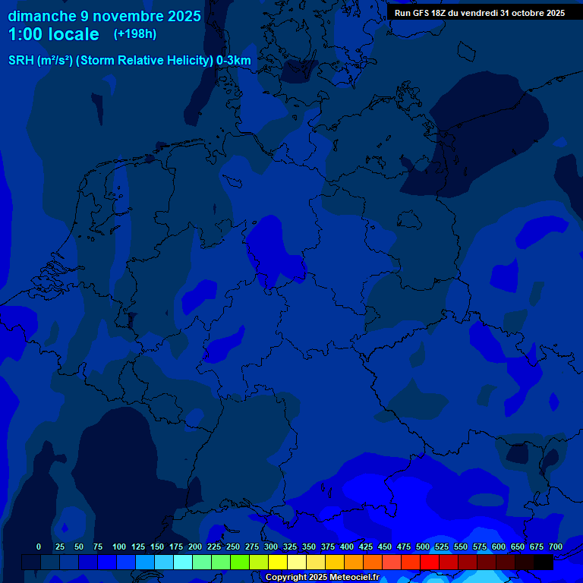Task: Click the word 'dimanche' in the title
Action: [x=41, y=16]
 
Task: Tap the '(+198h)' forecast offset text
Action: [x=134, y=34]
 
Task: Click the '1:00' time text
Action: [x=27, y=35]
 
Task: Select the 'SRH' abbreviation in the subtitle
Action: [x=20, y=61]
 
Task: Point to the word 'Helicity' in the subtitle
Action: [x=184, y=61]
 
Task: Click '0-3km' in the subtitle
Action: [x=234, y=61]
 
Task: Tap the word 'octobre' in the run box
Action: [x=518, y=13]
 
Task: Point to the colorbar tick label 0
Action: [x=39, y=547]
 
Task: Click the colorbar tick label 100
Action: [x=119, y=547]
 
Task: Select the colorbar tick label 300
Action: [x=271, y=547]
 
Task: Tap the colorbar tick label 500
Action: [x=423, y=547]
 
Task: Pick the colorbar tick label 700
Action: [x=556, y=547]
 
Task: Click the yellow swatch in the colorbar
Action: [x=278, y=562]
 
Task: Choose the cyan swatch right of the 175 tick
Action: [x=183, y=562]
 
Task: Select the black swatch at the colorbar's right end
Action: [x=544, y=562]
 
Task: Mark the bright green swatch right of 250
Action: [x=240, y=562]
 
